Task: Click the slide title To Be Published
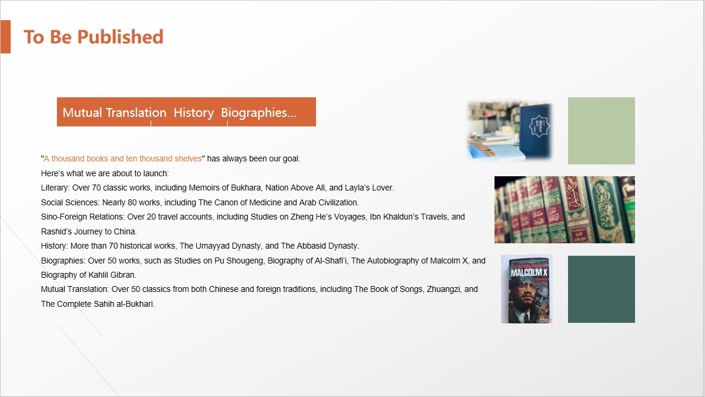point(94,37)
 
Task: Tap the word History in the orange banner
point(194,113)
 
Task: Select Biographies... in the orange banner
point(259,113)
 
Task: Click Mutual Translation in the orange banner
point(114,113)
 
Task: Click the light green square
point(601,131)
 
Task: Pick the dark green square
point(601,289)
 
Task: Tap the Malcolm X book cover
point(527,289)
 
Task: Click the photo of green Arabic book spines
point(564,209)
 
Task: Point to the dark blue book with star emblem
point(535,130)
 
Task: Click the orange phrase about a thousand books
point(123,158)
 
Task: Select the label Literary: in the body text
point(55,188)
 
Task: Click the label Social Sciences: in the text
point(70,202)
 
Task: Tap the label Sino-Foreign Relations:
point(83,217)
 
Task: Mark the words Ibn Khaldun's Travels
point(409,217)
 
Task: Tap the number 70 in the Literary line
point(96,188)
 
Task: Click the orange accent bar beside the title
point(5,37)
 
